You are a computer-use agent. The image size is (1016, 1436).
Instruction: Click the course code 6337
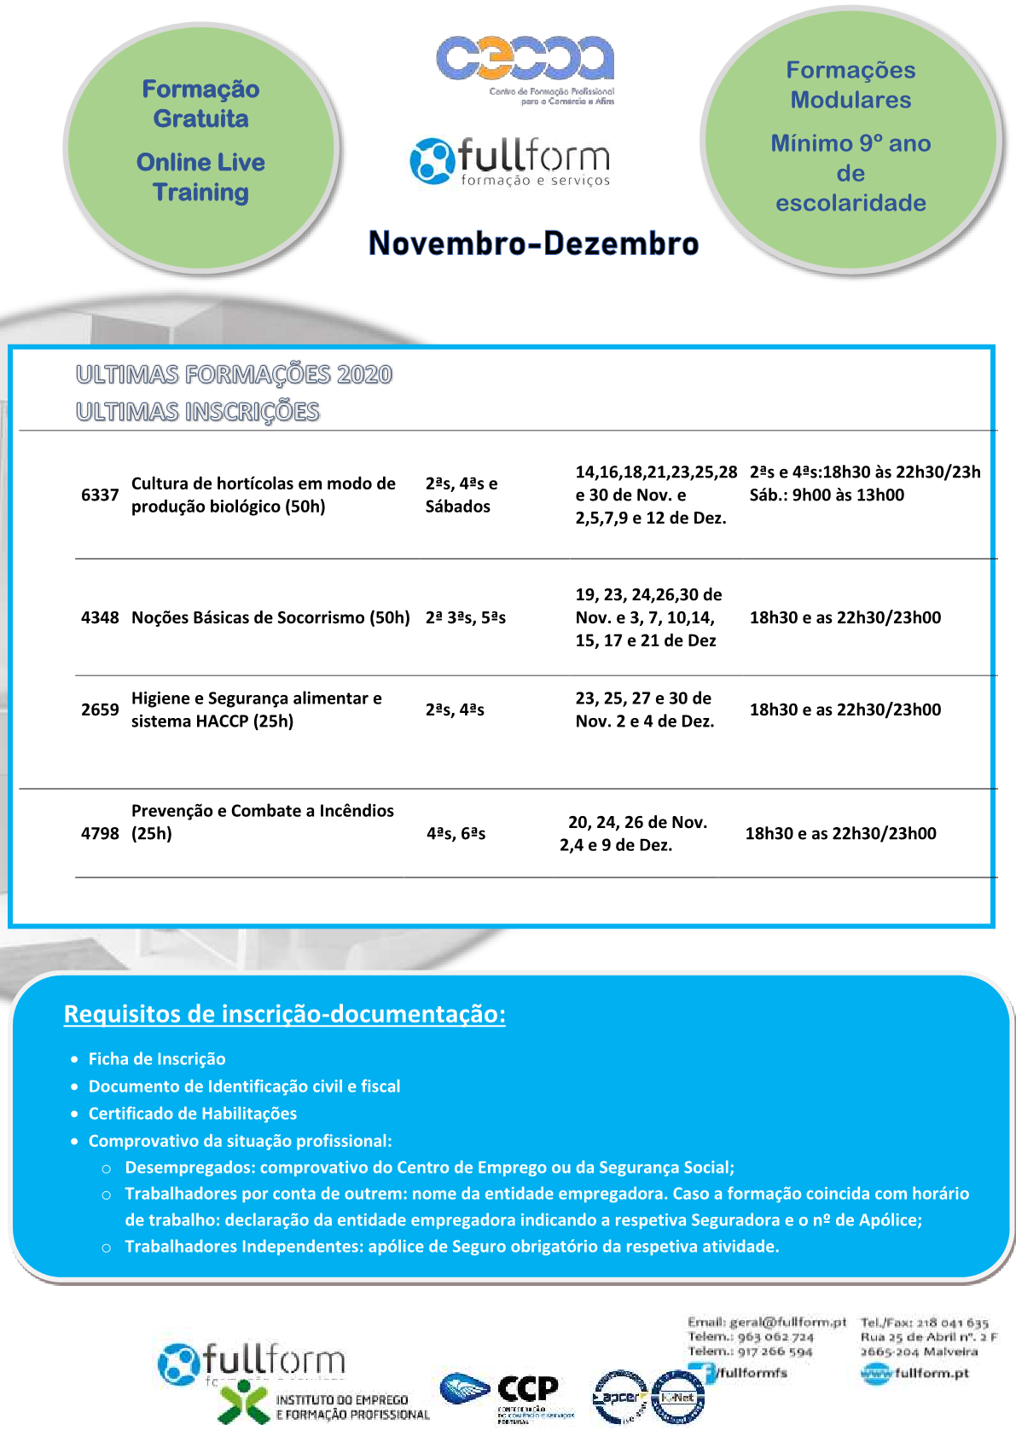pos(99,495)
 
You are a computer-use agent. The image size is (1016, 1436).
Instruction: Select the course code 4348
pos(99,617)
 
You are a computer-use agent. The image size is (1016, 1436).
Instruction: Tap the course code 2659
pos(99,709)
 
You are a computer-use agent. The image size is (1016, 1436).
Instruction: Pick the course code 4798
pos(99,833)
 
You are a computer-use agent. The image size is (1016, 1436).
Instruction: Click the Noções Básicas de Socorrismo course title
pos(270,617)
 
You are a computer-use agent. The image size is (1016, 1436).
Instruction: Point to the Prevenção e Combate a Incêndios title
pos(262,821)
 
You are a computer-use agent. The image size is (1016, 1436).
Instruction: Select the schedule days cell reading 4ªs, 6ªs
pos(456,833)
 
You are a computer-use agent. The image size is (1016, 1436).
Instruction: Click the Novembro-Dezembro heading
pos(533,243)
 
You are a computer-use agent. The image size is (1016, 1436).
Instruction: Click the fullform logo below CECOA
pos(510,160)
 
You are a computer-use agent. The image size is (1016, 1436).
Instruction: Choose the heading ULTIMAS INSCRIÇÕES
pos(197,412)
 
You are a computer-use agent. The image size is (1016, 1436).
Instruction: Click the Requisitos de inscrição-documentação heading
pos(284,1014)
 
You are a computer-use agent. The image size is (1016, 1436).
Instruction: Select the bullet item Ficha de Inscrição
pos(157,1059)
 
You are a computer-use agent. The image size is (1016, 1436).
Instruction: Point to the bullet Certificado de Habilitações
pos(193,1114)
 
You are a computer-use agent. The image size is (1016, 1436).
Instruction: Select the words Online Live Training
pos(200,177)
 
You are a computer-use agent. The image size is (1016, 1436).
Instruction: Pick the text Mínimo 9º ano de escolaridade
pos(851,173)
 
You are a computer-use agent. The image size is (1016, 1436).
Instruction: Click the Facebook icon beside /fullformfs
pos(703,1373)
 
